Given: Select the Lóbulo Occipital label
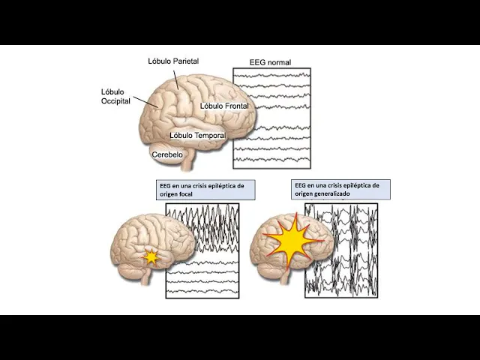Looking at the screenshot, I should tap(115, 96).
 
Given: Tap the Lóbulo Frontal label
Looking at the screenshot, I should tap(224, 106).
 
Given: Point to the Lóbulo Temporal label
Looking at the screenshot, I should tap(197, 136).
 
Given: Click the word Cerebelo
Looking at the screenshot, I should tap(167, 154).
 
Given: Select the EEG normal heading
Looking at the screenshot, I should tap(270, 62).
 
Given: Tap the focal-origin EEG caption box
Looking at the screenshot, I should tap(195, 190).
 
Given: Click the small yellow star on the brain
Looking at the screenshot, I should tap(152, 257).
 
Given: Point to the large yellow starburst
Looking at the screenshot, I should tap(293, 239).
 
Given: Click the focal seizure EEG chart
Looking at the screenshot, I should tap(202, 250).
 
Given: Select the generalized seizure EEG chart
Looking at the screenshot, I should tap(341, 250).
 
